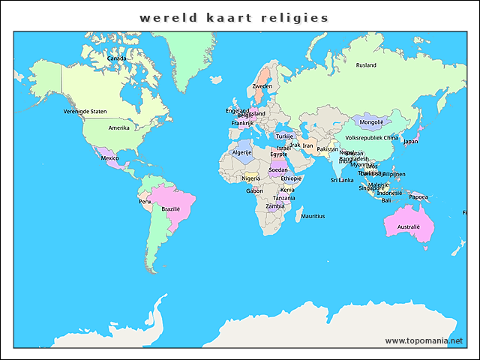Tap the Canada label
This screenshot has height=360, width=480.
(116, 58)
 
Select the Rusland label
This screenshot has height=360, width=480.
(366, 65)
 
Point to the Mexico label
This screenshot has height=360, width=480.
(110, 158)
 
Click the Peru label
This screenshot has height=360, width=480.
(145, 202)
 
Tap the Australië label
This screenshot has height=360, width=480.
(409, 226)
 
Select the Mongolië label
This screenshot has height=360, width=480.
(371, 121)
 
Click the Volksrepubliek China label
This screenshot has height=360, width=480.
(372, 137)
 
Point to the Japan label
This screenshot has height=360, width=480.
(410, 141)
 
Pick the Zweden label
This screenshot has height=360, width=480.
(262, 86)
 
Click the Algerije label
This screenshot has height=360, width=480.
(241, 152)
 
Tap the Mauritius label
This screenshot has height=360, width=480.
(313, 216)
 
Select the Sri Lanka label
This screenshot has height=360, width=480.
(342, 180)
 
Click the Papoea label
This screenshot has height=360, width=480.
(418, 197)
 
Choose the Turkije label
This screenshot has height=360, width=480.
(284, 136)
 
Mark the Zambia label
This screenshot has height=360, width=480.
(275, 205)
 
